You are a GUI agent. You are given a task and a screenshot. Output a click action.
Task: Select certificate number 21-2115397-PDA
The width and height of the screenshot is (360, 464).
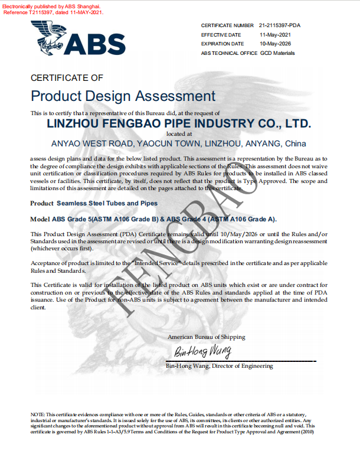[x=280, y=26]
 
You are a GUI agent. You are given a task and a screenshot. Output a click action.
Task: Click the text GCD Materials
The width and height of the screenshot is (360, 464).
[x=277, y=53]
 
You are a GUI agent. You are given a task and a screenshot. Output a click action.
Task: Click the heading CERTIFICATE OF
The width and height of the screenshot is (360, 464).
[x=67, y=77]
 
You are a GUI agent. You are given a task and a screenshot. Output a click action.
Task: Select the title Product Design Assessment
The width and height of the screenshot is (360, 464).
[x=123, y=96]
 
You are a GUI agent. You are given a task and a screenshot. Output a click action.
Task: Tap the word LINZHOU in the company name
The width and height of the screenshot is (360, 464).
[x=75, y=124]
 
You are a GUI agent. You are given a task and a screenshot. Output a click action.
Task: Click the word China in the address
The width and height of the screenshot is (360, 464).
[x=295, y=143]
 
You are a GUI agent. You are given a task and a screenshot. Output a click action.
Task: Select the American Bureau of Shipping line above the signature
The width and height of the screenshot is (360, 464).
[x=206, y=337]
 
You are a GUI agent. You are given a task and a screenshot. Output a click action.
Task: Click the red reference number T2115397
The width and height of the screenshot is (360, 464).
[x=37, y=12]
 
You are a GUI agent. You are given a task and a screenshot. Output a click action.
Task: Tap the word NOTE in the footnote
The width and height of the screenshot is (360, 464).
[x=37, y=415]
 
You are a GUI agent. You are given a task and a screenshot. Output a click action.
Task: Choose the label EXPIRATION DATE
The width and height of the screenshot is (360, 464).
[x=222, y=44]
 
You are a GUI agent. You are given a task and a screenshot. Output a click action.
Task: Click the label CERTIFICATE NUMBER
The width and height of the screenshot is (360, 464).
[x=227, y=26]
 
